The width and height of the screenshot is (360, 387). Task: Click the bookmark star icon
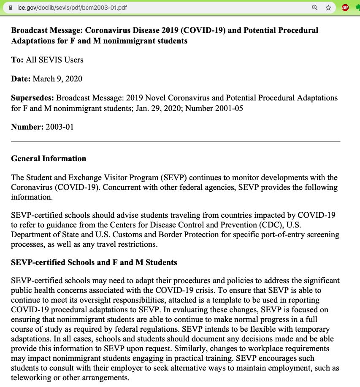coord(328,8)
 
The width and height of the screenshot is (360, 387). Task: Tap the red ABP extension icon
coord(345,8)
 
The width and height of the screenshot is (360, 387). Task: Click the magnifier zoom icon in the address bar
coord(314,8)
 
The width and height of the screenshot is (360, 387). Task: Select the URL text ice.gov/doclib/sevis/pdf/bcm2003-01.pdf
coord(72,8)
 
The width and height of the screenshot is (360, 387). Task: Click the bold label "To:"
coord(17,60)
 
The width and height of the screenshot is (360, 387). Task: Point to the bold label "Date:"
coord(21,79)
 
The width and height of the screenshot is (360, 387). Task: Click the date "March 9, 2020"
coord(57,79)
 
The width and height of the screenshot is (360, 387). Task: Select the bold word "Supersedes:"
coord(32,98)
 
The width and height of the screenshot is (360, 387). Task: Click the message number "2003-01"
coord(60,127)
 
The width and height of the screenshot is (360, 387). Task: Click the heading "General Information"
coord(49,159)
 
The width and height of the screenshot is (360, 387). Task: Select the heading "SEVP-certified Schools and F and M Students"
coord(94,263)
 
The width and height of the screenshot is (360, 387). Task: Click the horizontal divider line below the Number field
coord(176,141)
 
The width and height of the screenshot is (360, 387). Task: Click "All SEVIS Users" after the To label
coord(55,60)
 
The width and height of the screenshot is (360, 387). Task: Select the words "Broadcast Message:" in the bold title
coord(46,31)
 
